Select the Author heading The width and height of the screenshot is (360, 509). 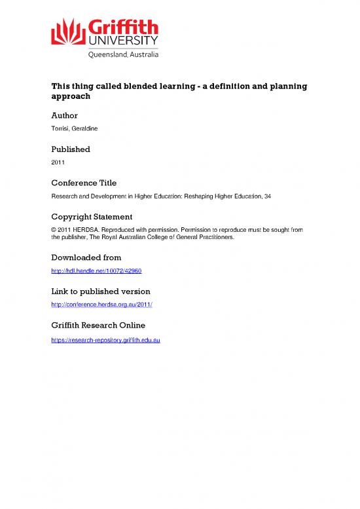[x=65, y=115]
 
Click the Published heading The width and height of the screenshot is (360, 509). [x=71, y=149]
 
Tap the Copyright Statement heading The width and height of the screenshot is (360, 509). [x=92, y=217]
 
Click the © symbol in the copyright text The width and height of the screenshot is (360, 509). [x=54, y=231]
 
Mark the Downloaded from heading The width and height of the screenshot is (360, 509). [x=86, y=258]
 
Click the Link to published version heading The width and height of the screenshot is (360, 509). [x=101, y=291]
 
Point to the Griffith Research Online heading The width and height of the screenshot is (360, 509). [x=98, y=325]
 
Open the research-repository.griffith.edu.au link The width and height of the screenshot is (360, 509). [x=107, y=339]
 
